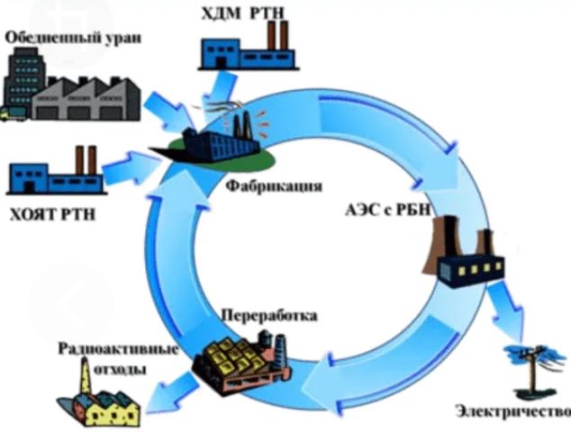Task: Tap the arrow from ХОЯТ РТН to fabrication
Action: [x=131, y=166]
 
